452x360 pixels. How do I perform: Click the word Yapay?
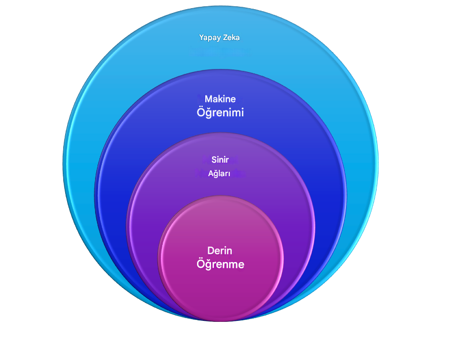(x=210, y=38)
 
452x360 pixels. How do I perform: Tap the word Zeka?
(x=231, y=38)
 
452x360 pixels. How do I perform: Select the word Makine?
(x=220, y=99)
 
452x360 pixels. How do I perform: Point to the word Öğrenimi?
(x=220, y=112)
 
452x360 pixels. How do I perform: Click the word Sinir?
(x=220, y=160)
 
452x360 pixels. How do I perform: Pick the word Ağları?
(x=219, y=173)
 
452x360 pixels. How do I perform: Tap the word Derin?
(x=220, y=250)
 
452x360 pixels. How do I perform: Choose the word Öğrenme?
(x=220, y=263)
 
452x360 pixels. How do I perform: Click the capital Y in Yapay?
(x=202, y=38)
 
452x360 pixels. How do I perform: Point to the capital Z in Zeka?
(x=226, y=38)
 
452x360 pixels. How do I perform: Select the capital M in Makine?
(x=209, y=99)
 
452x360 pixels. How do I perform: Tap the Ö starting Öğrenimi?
(x=200, y=112)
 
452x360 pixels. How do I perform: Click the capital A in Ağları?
(x=211, y=173)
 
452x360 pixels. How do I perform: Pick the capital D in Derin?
(x=211, y=250)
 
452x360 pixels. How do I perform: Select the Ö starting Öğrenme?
(x=200, y=263)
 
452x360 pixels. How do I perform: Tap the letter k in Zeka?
(x=234, y=38)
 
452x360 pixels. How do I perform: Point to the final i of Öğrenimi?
(x=242, y=112)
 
